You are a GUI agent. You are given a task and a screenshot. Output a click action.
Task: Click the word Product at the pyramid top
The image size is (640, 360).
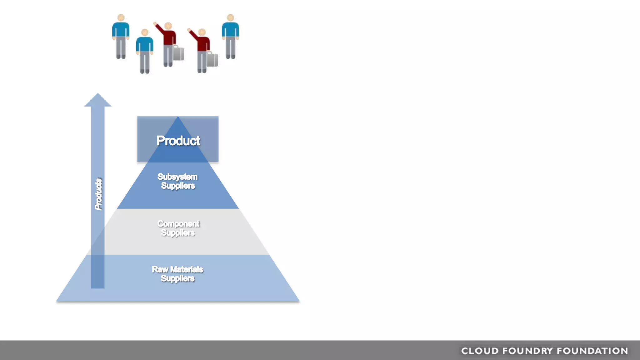tap(178, 141)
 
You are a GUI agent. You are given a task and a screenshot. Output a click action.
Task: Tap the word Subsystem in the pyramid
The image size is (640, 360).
tap(177, 177)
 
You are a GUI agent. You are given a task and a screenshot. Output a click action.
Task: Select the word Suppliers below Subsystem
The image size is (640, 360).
tap(178, 186)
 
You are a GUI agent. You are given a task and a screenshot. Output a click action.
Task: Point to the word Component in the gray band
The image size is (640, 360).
tap(178, 224)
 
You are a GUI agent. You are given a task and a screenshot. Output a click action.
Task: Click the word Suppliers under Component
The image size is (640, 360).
tap(178, 233)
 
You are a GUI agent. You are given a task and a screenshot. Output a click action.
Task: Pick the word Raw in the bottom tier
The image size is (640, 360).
tap(160, 269)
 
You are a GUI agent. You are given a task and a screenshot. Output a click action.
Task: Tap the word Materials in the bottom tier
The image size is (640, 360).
tap(187, 269)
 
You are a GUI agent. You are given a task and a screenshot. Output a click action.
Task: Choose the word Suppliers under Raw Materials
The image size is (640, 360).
tap(177, 278)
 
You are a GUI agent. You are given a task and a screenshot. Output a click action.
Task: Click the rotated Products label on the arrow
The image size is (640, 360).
tap(98, 194)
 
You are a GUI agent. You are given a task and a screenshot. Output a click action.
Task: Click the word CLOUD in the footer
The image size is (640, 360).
tap(480, 351)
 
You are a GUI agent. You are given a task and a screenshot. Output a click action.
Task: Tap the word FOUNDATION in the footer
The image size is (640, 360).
tap(592, 351)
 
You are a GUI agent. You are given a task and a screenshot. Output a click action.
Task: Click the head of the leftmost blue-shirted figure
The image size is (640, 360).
tap(121, 18)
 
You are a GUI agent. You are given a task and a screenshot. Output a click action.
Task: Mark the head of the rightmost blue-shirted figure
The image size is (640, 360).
tap(230, 18)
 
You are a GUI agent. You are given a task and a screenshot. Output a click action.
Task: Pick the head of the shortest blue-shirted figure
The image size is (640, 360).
tap(145, 32)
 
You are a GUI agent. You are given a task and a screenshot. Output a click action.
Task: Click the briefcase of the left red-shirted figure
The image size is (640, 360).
tap(178, 53)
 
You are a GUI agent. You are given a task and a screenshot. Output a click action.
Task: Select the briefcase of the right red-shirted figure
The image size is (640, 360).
tap(212, 60)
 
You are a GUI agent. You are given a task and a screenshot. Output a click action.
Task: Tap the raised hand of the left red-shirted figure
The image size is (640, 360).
tap(155, 24)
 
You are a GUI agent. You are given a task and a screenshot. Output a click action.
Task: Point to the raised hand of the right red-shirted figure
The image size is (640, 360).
tap(189, 30)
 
